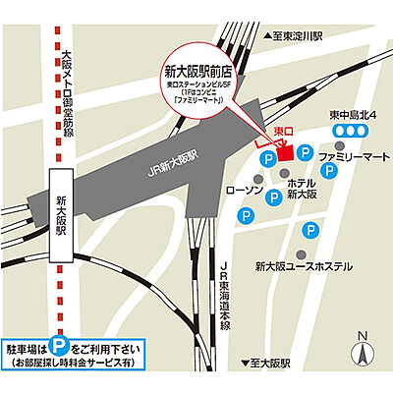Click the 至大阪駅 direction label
coord(269,363)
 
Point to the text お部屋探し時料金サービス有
coord(72,364)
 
